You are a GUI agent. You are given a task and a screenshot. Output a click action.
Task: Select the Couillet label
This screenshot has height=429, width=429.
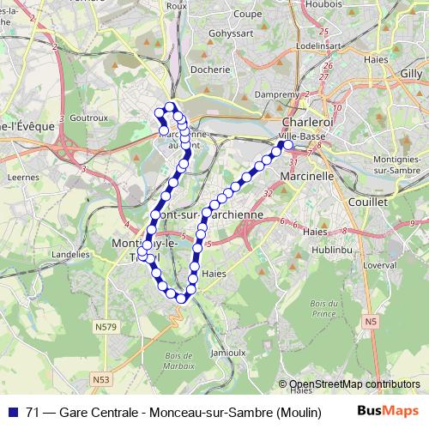pos(368,201)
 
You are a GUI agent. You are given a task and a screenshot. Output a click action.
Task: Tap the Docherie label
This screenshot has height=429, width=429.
pos(212,69)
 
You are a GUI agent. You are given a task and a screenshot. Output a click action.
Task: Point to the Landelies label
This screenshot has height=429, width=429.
pos(71,255)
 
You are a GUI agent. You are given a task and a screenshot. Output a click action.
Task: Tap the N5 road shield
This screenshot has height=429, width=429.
pos(370,321)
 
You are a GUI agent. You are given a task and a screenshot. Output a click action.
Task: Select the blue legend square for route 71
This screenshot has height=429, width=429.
pos(14,413)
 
